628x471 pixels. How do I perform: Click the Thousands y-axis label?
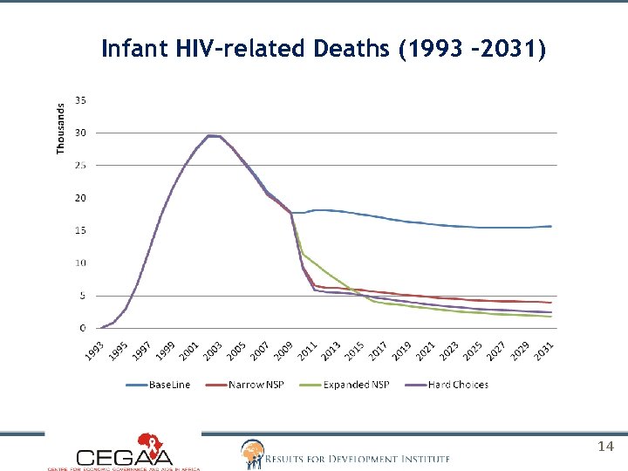(x=61, y=128)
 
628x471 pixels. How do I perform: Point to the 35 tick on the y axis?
(x=80, y=99)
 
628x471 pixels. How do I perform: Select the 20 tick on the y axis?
(x=80, y=198)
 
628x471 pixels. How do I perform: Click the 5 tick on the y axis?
(x=83, y=296)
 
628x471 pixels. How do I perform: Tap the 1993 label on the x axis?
(x=96, y=351)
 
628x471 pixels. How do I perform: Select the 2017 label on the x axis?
(x=378, y=351)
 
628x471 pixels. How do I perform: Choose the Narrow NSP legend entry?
(x=258, y=385)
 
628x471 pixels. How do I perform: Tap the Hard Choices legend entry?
(x=458, y=385)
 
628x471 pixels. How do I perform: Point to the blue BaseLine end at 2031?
(x=550, y=226)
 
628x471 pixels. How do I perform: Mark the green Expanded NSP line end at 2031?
(x=550, y=317)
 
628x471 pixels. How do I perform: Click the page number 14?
(x=606, y=447)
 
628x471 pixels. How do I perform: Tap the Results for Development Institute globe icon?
(x=251, y=452)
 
